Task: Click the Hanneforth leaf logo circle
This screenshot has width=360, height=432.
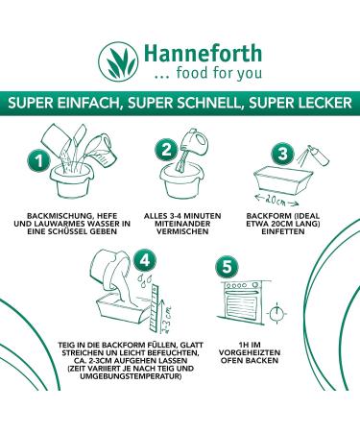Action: pos(118,61)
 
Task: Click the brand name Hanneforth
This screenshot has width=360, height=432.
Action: pos(203,54)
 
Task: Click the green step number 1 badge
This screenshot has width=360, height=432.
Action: pos(38,161)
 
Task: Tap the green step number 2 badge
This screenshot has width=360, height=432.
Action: pos(166,150)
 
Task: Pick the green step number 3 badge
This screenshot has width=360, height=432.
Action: pos(282,154)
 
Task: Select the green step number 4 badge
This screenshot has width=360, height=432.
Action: pos(145,260)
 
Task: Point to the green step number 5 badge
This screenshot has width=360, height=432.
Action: pos(227,267)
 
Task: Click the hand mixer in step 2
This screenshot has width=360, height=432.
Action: pos(192,147)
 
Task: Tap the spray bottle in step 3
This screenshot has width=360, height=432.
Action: pos(319,156)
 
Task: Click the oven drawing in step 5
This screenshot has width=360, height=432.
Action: pos(243,301)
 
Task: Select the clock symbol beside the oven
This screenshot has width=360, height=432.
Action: pos(276,313)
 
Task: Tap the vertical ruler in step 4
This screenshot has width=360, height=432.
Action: pos(155,307)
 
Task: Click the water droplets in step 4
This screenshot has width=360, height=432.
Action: pos(144,278)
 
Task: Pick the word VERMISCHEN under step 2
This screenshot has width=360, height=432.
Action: pos(182,231)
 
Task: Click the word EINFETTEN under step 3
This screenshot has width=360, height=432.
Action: pos(283,231)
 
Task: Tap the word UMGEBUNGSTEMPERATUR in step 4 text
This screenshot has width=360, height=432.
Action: pos(131,376)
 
